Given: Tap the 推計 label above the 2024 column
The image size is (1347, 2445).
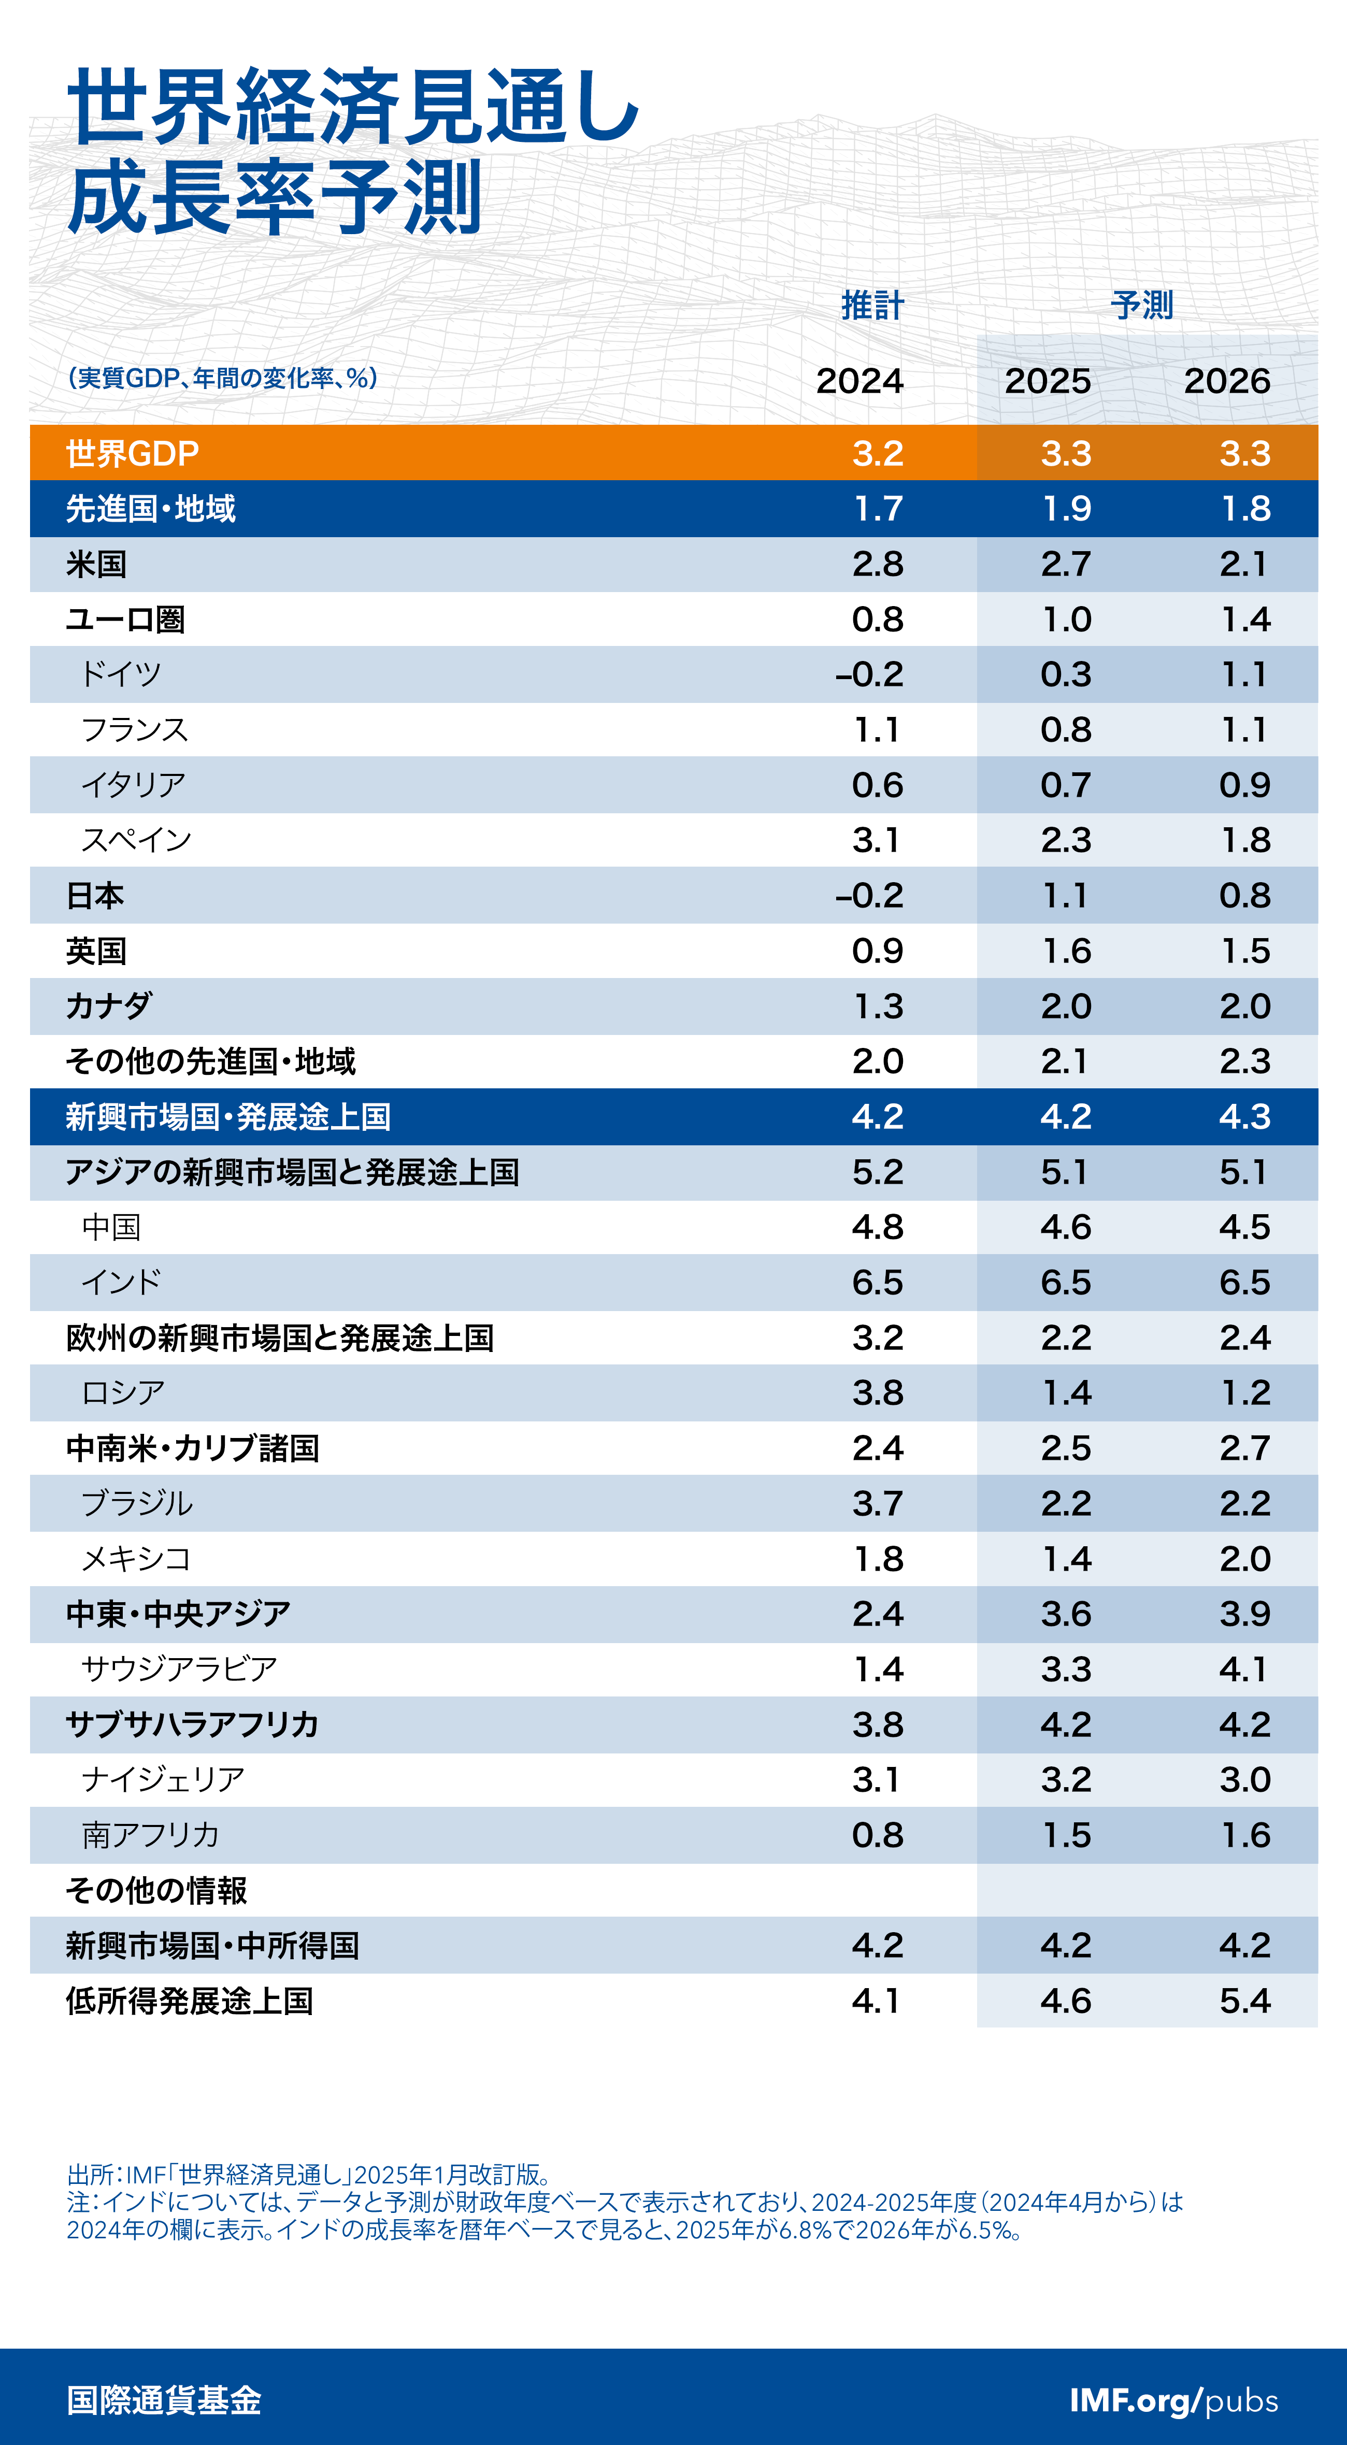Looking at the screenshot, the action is point(872,306).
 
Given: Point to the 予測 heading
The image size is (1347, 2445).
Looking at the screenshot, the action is point(1142,306).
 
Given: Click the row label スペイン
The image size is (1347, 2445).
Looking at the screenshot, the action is point(137,840).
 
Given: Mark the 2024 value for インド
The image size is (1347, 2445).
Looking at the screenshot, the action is point(877,1282).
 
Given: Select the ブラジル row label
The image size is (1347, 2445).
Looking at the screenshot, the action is point(137,1503).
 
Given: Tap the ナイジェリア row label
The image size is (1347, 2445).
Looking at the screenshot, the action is point(163,1780).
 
